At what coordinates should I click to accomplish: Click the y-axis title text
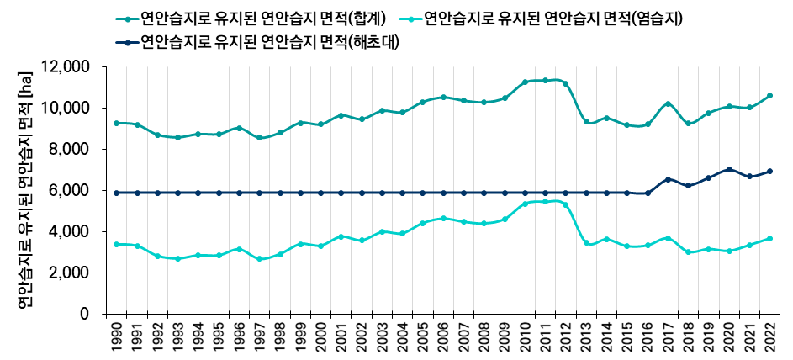[x=25, y=189]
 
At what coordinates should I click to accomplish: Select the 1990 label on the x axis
[x=117, y=335]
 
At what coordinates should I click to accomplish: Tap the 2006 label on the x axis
[x=443, y=335]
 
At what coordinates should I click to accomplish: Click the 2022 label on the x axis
[x=769, y=335]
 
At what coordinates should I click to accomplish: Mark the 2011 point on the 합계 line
[x=545, y=81]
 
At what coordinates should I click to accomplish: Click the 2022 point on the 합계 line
[x=769, y=96]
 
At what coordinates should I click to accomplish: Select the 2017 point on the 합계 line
[x=668, y=104]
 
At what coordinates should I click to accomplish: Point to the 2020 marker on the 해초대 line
[x=729, y=169]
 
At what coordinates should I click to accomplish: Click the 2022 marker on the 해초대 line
[x=769, y=172]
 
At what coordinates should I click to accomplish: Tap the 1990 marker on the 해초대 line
[x=117, y=193]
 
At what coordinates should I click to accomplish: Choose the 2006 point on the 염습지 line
[x=443, y=219]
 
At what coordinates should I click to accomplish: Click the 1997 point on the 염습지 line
[x=260, y=259]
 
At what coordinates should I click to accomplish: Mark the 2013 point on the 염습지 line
[x=586, y=242]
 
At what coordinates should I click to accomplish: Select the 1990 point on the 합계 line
[x=117, y=124]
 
